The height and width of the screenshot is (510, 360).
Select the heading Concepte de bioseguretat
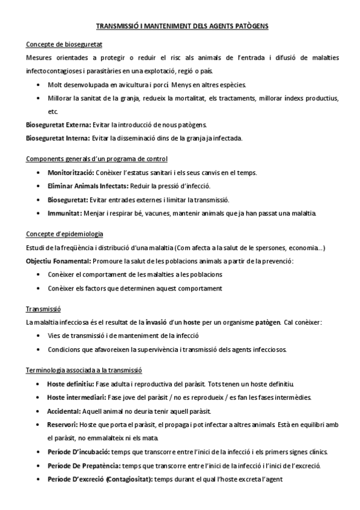pyautogui.click(x=64, y=45)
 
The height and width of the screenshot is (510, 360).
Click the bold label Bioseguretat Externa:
pyautogui.click(x=58, y=125)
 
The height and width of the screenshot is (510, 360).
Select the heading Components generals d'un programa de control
pyautogui.click(x=97, y=159)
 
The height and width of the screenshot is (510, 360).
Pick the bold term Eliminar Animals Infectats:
pyautogui.click(x=87, y=186)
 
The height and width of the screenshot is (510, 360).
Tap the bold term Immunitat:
pyautogui.click(x=64, y=214)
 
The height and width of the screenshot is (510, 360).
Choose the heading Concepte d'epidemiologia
pyautogui.click(x=65, y=233)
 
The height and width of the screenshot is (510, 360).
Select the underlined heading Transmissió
pyautogui.click(x=43, y=309)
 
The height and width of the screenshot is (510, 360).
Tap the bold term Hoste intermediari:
pyautogui.click(x=76, y=398)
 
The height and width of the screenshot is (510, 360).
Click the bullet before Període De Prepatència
pyautogui.click(x=39, y=465)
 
